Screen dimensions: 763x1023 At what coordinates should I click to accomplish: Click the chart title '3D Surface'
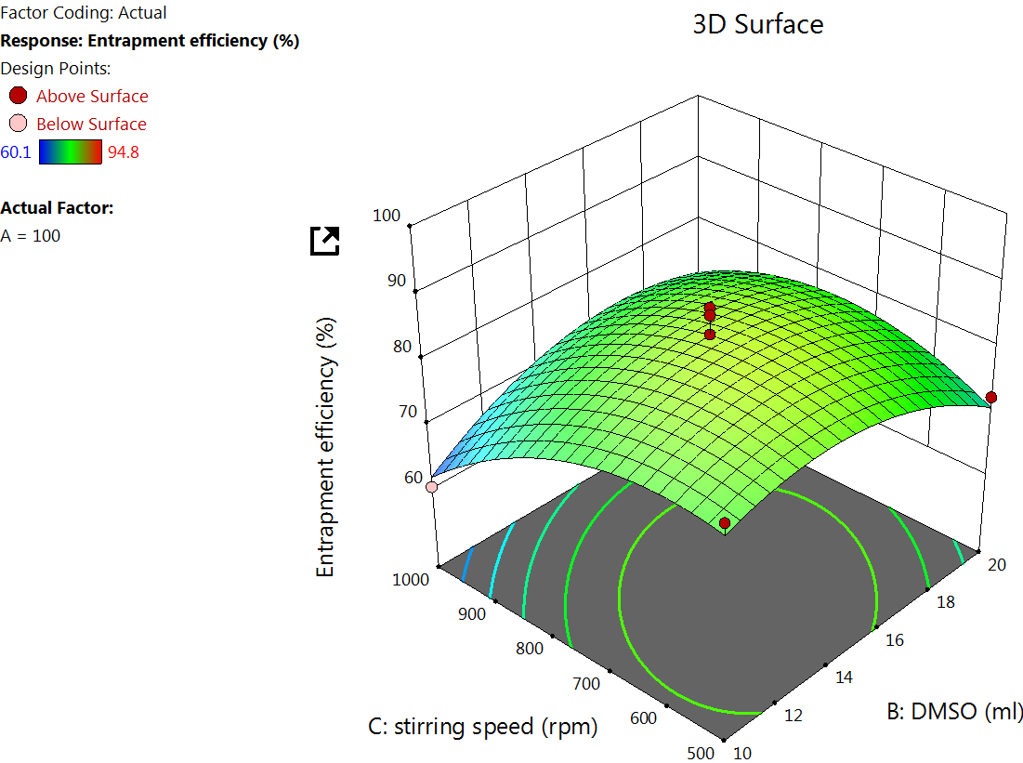tap(757, 24)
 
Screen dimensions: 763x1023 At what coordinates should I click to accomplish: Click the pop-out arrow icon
tap(325, 241)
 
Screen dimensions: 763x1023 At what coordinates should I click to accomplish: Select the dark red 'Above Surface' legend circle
tap(19, 95)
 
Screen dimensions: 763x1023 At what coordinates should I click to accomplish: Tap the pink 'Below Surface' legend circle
tap(19, 124)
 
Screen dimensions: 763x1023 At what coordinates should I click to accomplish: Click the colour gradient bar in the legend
tap(71, 151)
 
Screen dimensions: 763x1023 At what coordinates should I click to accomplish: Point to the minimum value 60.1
tap(16, 152)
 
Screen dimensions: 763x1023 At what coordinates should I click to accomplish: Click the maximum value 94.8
tap(124, 152)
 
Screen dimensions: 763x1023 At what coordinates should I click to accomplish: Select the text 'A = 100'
tap(31, 236)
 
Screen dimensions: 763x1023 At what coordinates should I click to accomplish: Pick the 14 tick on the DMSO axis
tap(844, 677)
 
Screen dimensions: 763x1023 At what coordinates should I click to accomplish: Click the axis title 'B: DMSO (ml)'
tap(953, 712)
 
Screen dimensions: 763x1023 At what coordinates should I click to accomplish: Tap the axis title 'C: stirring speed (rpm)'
tap(482, 727)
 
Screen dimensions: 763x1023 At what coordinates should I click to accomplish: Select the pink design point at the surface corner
tap(432, 486)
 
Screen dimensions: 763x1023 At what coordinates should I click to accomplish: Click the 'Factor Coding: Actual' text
tap(85, 13)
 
